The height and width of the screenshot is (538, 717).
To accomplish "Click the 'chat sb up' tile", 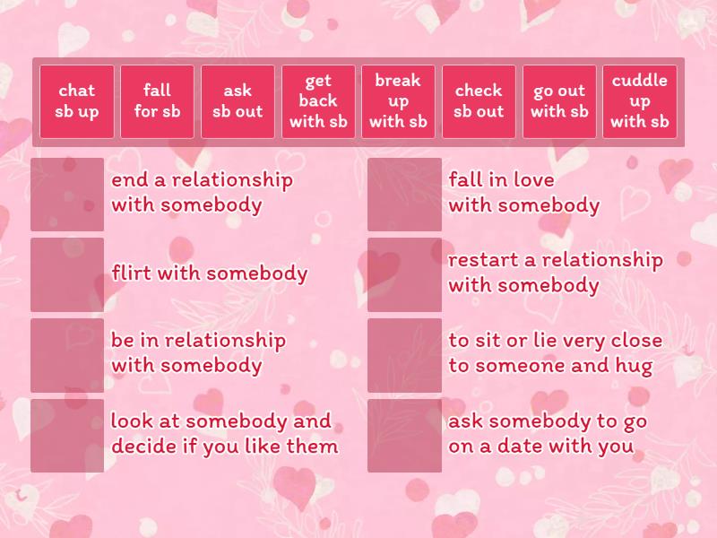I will coord(77,101).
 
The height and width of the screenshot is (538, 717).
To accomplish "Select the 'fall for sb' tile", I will coord(157,101).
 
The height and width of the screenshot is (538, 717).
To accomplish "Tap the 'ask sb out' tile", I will coord(238,101).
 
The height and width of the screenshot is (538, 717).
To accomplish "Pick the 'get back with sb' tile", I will coord(318,101).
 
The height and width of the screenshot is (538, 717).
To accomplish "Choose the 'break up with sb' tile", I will coord(398,101).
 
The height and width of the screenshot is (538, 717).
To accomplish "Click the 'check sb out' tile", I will coord(479,101).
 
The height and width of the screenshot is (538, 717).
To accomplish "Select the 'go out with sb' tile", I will coord(559,101).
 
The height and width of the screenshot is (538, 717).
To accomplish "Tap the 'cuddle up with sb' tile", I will coord(639,101).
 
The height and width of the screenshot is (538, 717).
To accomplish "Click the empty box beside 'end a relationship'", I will coord(67,195).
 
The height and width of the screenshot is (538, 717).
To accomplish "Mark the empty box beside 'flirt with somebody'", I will coord(67,274).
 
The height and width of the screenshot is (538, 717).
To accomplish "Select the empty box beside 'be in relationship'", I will coord(67,355).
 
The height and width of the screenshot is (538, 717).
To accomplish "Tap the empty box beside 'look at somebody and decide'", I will coord(67,435).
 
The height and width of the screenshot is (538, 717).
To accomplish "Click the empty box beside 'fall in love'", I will coord(404,195).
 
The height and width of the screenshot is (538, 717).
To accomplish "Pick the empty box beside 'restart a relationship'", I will coord(404,274).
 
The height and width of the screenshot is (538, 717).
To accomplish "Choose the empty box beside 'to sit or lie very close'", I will coord(404,355).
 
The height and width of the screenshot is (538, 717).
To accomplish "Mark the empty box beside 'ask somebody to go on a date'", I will coord(404,435).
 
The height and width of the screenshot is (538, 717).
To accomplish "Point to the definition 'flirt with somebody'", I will coord(209,273).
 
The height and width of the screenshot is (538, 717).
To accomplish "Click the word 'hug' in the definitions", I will coord(634,366).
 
